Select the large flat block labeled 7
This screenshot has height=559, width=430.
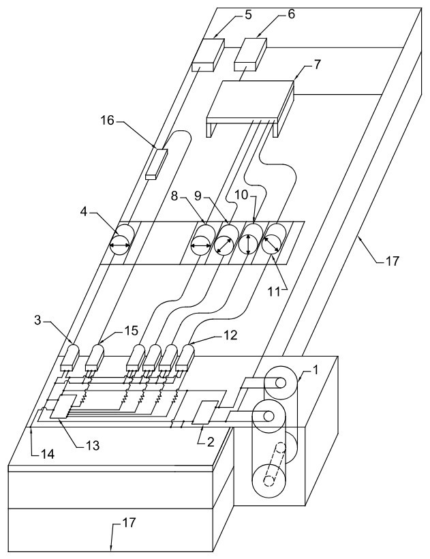pyautogui.click(x=249, y=102)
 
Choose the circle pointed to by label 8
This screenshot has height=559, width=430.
pyautogui.click(x=202, y=243)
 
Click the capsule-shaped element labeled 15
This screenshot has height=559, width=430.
pyautogui.click(x=95, y=358)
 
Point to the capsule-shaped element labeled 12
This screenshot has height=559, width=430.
pyautogui.click(x=183, y=357)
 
